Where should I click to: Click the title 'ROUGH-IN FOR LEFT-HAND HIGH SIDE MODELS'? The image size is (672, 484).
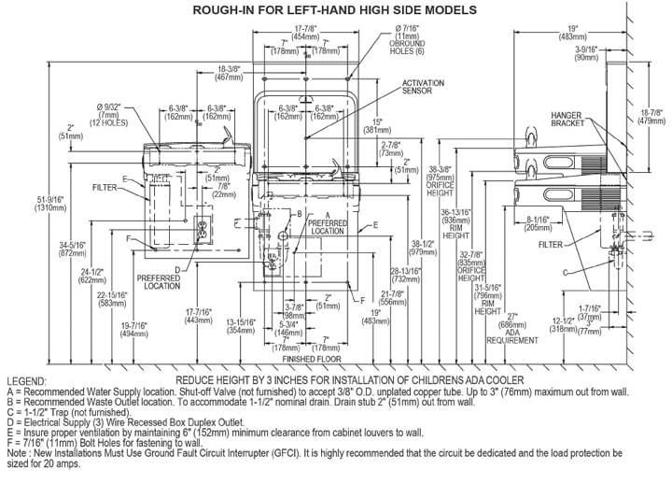[x=334, y=9]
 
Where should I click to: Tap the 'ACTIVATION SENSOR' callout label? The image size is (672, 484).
[x=422, y=88]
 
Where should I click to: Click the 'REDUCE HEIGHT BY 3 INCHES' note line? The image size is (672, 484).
[x=336, y=382]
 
